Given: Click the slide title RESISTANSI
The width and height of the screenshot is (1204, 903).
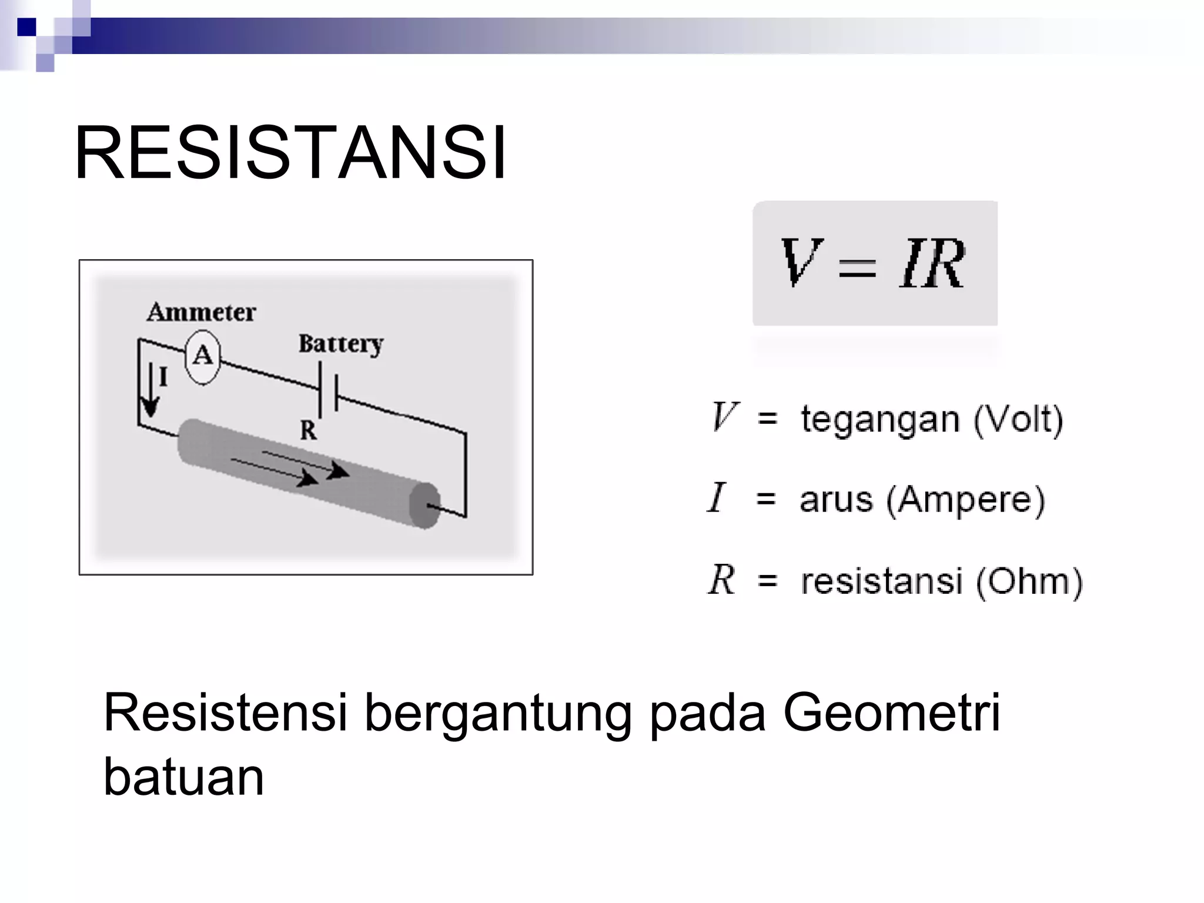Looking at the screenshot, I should [x=290, y=153].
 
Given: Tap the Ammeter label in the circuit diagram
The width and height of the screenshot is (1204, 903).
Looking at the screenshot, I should [x=201, y=312].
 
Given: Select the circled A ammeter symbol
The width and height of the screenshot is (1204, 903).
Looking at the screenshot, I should [x=203, y=356].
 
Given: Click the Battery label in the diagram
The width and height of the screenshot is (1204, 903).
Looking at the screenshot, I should [x=340, y=344].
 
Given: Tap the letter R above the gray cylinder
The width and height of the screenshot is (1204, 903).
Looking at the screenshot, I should [x=308, y=431].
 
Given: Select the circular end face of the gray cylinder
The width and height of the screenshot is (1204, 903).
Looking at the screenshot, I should [x=424, y=506].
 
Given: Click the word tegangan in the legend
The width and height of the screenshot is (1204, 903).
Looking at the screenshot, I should [x=880, y=420].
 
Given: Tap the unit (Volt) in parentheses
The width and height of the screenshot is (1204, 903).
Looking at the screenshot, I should [x=1018, y=420].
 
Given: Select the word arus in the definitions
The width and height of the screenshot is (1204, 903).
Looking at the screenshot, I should [x=836, y=500].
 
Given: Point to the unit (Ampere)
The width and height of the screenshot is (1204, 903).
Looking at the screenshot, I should [x=965, y=500].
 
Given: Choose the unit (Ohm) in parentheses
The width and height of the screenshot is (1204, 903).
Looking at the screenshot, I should [x=1029, y=581].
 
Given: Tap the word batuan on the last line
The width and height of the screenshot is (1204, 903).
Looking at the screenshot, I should [x=183, y=777].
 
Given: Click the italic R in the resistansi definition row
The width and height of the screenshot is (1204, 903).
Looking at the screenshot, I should [x=721, y=580].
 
